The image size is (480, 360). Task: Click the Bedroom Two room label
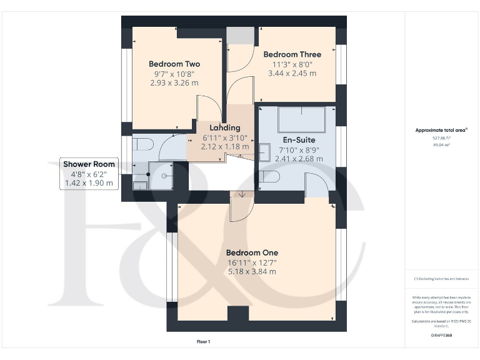(174, 64)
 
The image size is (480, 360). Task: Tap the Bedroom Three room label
(292, 54)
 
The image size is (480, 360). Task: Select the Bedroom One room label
(252, 252)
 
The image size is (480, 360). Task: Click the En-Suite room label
(299, 140)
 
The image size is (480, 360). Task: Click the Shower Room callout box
(89, 174)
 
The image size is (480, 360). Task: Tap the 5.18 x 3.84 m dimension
(252, 272)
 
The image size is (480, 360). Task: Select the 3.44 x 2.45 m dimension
(292, 73)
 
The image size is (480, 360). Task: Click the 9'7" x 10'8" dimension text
(174, 74)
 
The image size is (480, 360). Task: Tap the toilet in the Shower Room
(143, 144)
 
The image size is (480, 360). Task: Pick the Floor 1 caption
(203, 342)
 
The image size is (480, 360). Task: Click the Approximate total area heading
(441, 130)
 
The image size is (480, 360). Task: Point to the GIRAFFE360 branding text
(441, 336)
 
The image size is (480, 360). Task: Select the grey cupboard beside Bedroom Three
(241, 36)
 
